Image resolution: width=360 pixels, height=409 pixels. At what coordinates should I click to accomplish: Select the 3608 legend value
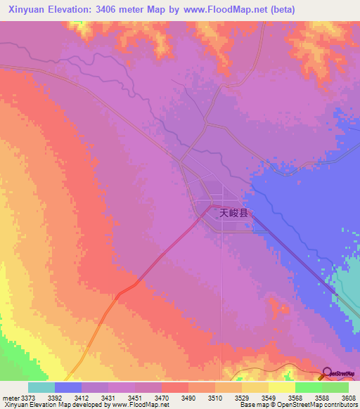pos(348,397)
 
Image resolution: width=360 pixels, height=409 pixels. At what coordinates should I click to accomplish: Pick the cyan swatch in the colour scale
pos(41,387)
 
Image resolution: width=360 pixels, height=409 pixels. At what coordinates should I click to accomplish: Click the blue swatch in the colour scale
pos(68,387)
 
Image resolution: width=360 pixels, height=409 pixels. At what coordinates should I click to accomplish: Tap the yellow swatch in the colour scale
pos(282,387)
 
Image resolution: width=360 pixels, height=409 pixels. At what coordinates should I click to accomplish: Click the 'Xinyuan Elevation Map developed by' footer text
pos(49,405)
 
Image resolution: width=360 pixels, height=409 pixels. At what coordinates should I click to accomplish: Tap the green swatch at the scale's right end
pos(335,387)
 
